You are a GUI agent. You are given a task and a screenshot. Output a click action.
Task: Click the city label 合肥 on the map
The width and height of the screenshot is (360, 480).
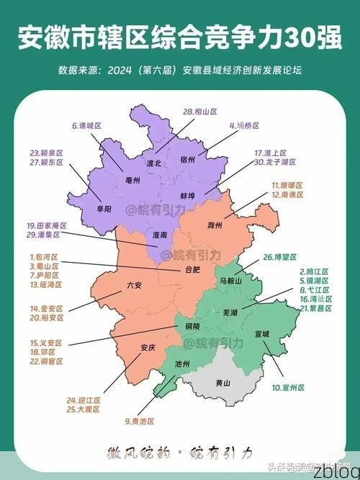point(194,271)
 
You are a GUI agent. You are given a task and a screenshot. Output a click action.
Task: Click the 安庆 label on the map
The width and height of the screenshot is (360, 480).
point(148,348)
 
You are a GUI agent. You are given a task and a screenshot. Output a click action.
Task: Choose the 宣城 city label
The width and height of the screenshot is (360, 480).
point(261,334)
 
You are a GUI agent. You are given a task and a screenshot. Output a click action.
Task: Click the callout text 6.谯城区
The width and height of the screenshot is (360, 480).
point(86,126)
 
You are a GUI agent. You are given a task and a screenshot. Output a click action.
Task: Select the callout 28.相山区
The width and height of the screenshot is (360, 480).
point(200,112)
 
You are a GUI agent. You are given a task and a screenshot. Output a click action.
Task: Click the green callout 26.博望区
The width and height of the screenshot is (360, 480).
point(280,257)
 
